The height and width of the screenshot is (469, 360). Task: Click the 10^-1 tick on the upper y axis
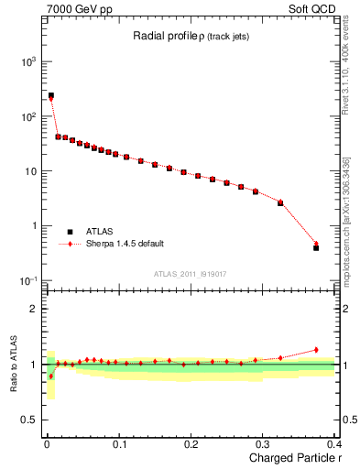[27, 280]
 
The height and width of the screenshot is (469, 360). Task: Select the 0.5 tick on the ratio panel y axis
[30, 420]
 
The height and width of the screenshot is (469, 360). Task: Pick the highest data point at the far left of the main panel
[51, 95]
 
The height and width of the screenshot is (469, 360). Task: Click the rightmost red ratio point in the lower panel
[316, 350]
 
